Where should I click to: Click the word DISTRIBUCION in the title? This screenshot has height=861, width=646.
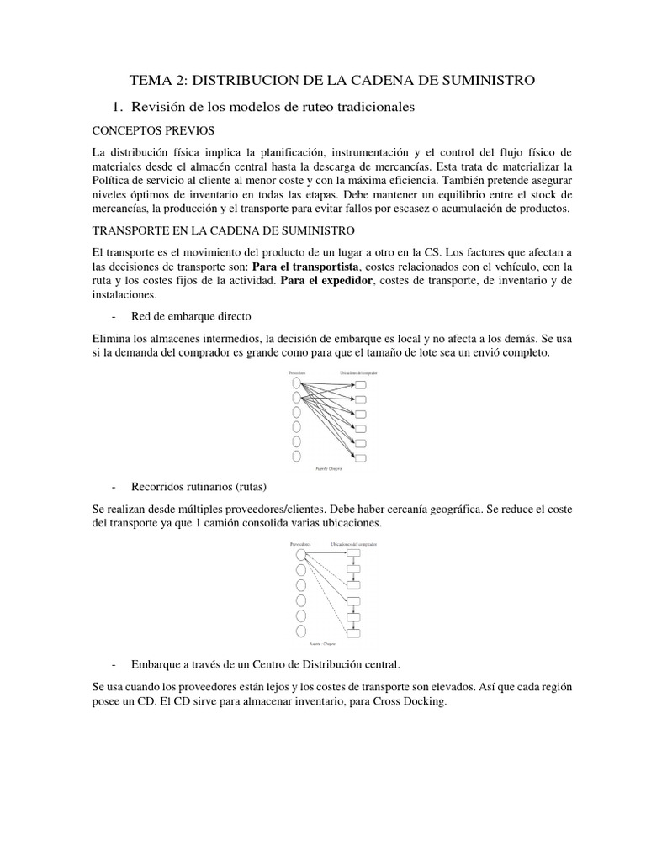(250, 81)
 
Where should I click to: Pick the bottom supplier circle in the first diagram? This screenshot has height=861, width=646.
(296, 456)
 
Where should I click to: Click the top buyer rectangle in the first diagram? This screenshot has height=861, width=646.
(361, 385)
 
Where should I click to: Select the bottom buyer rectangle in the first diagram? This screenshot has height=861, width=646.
(361, 457)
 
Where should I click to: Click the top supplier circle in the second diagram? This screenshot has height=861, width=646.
(296, 554)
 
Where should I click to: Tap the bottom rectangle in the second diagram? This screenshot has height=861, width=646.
(354, 630)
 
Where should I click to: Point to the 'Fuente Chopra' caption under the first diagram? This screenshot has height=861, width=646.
(329, 468)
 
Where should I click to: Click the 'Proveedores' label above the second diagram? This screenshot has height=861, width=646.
(300, 544)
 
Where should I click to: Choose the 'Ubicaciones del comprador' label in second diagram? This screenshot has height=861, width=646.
(353, 544)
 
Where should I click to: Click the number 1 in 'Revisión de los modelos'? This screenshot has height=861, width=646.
(119, 107)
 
